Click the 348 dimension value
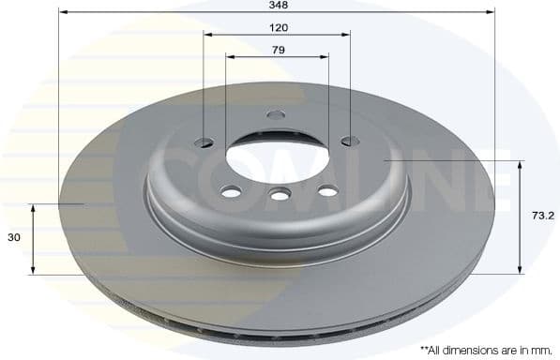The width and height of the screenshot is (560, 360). pos(277,5)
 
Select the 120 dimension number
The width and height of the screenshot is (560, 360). pos(277,28)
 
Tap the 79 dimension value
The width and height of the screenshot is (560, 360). pos(277,50)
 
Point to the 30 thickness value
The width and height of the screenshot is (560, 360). pos(14,238)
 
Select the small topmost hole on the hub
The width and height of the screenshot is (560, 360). pos(276,114)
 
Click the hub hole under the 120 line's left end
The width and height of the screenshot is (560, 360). pos(204,142)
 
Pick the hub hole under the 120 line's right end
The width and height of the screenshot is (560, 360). pos(350,142)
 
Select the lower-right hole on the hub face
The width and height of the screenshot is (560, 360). pos(327,191)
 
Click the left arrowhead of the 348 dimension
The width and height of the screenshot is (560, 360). pos(63,12)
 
